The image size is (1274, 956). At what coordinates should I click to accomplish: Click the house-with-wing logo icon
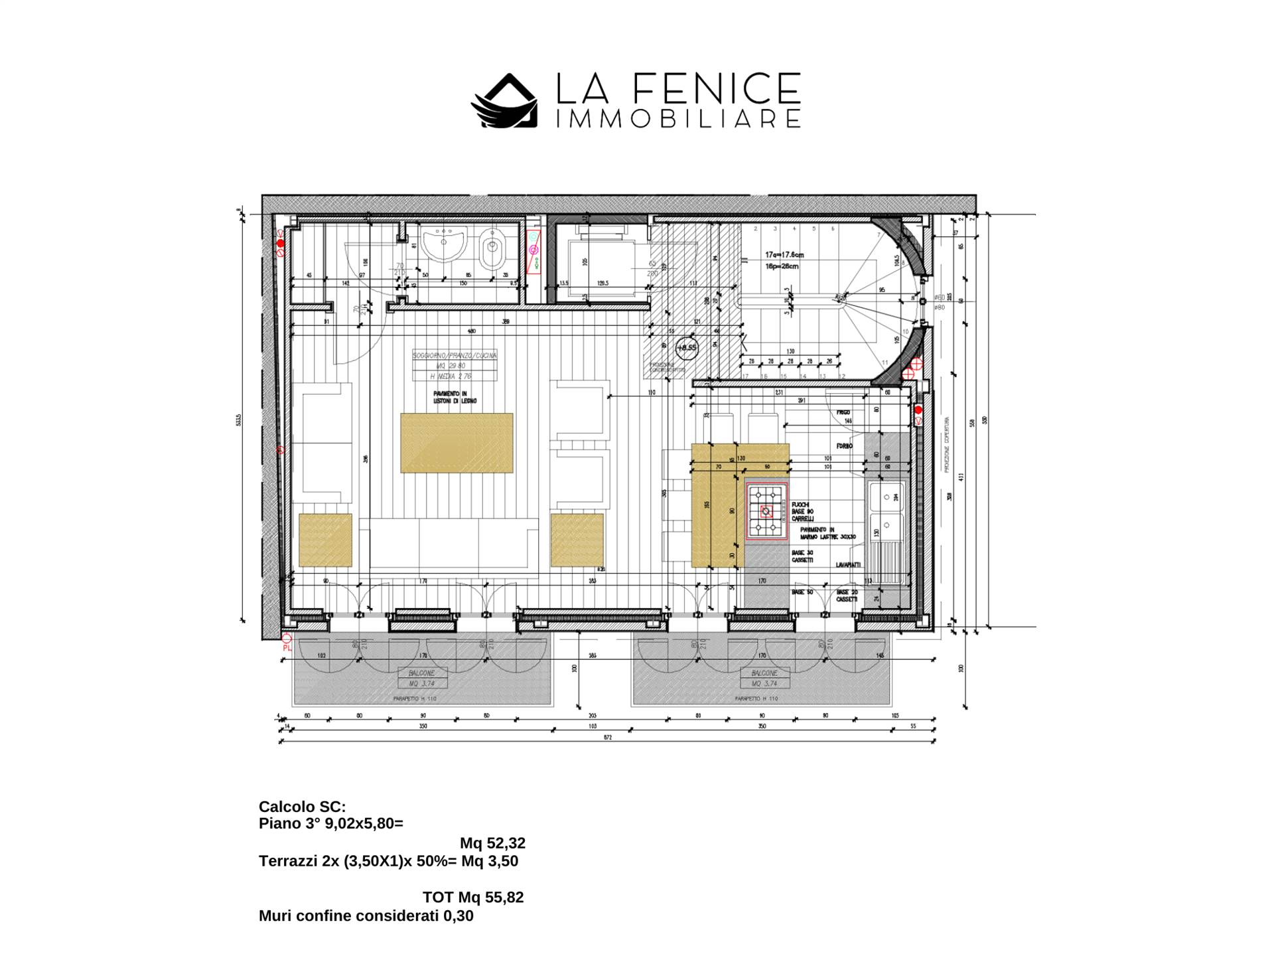(504, 101)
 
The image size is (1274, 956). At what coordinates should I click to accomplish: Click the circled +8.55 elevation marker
(687, 347)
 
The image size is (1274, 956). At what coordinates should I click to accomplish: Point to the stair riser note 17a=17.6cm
(784, 254)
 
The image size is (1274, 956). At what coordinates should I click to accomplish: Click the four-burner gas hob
(766, 511)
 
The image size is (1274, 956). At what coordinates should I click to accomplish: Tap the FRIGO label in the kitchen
(843, 412)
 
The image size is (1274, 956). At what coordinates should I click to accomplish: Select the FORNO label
(844, 446)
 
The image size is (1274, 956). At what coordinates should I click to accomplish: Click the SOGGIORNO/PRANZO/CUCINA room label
(455, 356)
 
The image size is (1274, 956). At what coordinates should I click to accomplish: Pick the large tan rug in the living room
(457, 443)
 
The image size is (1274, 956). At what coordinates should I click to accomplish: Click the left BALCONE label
(422, 673)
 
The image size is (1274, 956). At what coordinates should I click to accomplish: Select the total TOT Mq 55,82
(473, 897)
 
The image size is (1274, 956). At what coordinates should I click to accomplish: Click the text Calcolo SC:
(302, 807)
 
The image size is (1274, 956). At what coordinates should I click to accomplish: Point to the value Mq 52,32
(492, 843)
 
